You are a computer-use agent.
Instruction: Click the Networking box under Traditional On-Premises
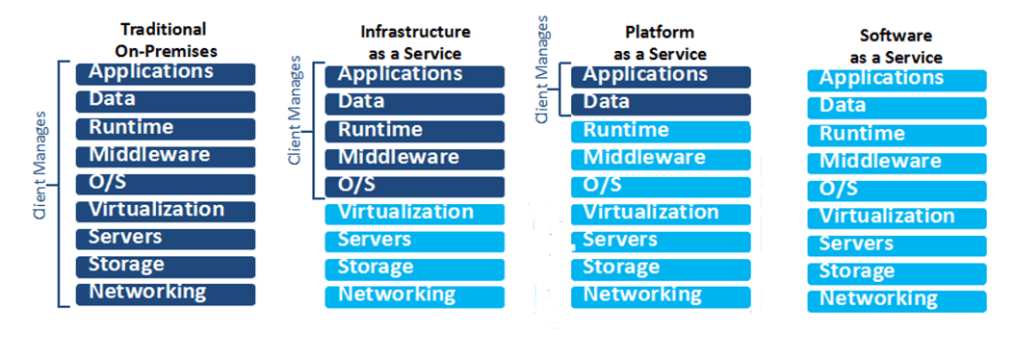tap(166, 294)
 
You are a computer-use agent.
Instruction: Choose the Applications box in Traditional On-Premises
tap(166, 73)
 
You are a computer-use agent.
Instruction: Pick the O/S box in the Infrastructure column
tap(415, 186)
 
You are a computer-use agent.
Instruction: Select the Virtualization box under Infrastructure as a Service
tap(415, 214)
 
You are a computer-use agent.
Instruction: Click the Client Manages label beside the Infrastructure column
tap(296, 111)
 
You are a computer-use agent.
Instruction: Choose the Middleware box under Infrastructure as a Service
tap(415, 159)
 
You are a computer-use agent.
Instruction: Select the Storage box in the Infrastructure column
tap(415, 269)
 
